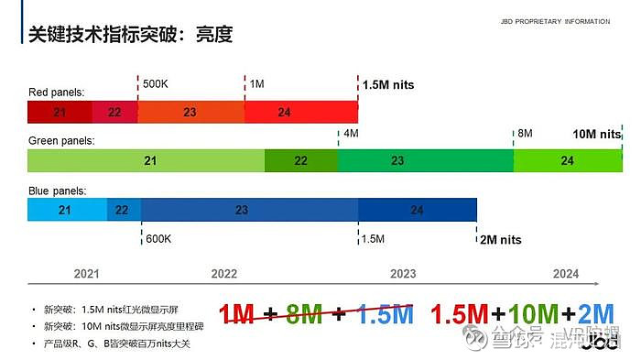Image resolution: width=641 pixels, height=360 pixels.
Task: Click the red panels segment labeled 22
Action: click(114, 112)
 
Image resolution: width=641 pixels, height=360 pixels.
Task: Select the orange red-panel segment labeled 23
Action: click(190, 112)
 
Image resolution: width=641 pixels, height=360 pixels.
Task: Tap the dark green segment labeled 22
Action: click(301, 160)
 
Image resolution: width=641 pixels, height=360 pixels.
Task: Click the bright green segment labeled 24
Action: click(568, 160)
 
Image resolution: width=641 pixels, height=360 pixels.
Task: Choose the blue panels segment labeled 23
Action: click(242, 210)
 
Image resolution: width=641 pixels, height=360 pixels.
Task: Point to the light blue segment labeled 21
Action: click(66, 210)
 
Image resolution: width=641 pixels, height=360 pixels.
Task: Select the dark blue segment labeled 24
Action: click(418, 210)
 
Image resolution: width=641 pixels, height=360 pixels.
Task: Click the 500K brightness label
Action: click(157, 84)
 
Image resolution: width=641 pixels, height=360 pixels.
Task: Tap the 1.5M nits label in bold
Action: click(388, 85)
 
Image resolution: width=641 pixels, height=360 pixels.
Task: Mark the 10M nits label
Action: click(596, 134)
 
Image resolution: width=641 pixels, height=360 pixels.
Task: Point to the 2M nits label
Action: click(500, 240)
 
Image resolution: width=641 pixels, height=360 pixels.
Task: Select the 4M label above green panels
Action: click(351, 134)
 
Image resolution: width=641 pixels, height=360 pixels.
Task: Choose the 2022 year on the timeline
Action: click(223, 274)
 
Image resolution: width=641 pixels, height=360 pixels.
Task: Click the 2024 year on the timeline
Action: click(566, 274)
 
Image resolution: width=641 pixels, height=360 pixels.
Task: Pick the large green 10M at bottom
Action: click(534, 314)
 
